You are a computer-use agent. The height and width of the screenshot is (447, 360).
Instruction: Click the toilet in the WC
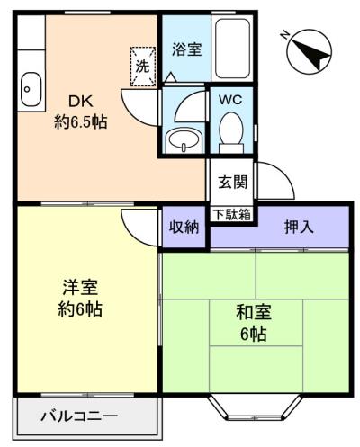coord(231,133)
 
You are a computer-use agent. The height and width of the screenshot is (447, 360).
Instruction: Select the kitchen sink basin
coord(31,89)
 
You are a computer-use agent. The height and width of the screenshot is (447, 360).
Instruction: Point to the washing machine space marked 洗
coord(143,67)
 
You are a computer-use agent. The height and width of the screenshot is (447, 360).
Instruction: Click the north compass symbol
coord(310,51)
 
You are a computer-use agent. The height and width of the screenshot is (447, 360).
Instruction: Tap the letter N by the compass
coord(284,35)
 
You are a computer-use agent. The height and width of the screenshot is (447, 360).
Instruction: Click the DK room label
coord(81,102)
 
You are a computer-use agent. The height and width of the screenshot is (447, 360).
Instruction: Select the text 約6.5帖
coord(81,121)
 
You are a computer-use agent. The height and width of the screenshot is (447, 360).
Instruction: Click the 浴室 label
coord(186,49)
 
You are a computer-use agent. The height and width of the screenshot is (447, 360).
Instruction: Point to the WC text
coord(230,100)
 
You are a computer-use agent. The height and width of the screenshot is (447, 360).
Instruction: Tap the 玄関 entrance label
coord(233,182)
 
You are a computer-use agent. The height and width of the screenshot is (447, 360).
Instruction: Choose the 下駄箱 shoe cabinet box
coord(232,215)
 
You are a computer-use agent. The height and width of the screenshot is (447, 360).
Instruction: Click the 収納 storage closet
coord(184,227)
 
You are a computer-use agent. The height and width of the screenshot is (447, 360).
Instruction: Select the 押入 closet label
coord(299,227)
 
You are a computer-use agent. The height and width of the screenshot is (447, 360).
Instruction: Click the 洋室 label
coord(80,287)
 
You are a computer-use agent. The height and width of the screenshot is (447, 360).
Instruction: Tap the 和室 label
coord(254,312)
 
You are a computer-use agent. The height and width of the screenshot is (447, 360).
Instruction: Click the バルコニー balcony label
coord(79,416)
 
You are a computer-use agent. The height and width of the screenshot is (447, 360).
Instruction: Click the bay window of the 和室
coord(256,407)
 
